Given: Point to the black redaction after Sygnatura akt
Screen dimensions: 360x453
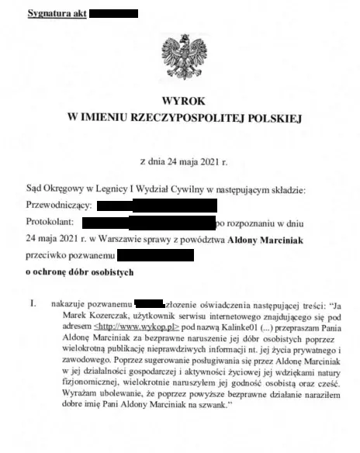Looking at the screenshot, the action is tap(113, 14).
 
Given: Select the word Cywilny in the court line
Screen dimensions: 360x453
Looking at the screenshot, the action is tap(168, 190).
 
